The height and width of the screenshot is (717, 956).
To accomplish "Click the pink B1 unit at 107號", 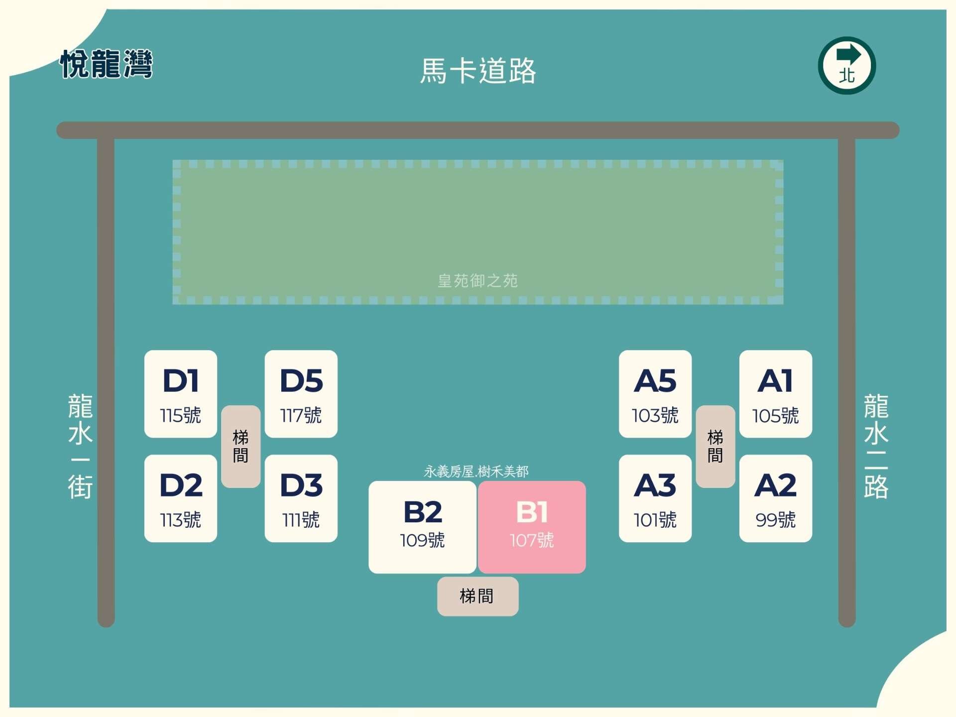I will pos(532,527).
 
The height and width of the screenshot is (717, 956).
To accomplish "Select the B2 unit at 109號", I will pos(422,527).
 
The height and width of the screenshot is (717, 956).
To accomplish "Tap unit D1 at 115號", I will pos(181,394).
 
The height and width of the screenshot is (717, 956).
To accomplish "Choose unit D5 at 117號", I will pos(301,394).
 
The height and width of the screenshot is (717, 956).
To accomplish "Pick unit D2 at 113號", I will pos(181,498).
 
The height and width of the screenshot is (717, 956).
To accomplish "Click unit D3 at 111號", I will pos(301,498).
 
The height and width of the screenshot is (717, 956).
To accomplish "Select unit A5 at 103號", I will pos(655,394).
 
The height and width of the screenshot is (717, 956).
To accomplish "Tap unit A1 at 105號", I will pos(775,394).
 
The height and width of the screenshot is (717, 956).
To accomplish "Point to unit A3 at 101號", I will pos(655,498).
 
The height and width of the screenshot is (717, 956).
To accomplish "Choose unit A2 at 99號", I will pos(775,498).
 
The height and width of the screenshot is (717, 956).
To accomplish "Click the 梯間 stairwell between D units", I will pos(240,446).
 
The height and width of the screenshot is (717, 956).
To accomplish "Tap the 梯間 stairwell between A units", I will pos(716,446).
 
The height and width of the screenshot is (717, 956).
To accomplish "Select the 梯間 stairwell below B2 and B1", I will pos(478,596).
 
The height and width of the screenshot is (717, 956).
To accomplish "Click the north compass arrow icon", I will pos(846,65).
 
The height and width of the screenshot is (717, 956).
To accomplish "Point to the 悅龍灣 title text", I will pos(106,64).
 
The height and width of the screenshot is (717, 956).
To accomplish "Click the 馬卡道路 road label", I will pos(478,71).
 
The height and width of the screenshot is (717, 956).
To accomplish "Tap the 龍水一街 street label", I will pos(80,446).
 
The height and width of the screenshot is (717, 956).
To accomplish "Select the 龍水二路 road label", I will pos(876,446).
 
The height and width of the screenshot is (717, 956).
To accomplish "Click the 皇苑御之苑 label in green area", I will pos(478,281).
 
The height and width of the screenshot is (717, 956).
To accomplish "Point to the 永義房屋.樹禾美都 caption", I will pos(476,471).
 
